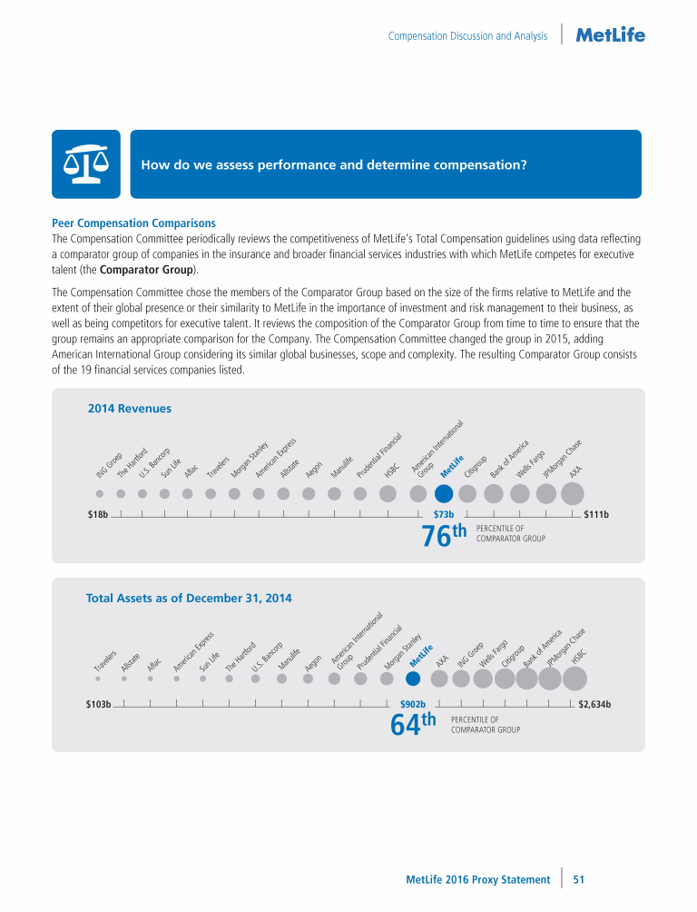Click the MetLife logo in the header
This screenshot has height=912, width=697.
pos(611,35)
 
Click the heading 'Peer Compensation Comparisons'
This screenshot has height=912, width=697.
pos(133,223)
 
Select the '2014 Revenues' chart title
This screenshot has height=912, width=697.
pos(129,409)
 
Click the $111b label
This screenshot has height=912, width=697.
pos(595,515)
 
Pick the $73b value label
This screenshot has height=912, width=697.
pos(444,515)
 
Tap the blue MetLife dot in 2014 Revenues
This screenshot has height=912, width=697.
pos(444,493)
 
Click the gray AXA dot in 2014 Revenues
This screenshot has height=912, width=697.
pos(573,493)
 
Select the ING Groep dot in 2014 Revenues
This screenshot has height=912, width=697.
pos(99,494)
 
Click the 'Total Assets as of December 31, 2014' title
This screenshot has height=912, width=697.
pos(189,599)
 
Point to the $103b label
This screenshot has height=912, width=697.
pos(92,703)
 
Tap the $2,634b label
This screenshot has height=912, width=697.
pos(594,703)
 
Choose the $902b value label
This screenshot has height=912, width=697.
pos(413,703)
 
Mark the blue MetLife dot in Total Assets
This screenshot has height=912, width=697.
pos(413,678)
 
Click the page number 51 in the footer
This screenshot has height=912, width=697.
pos(578,879)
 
